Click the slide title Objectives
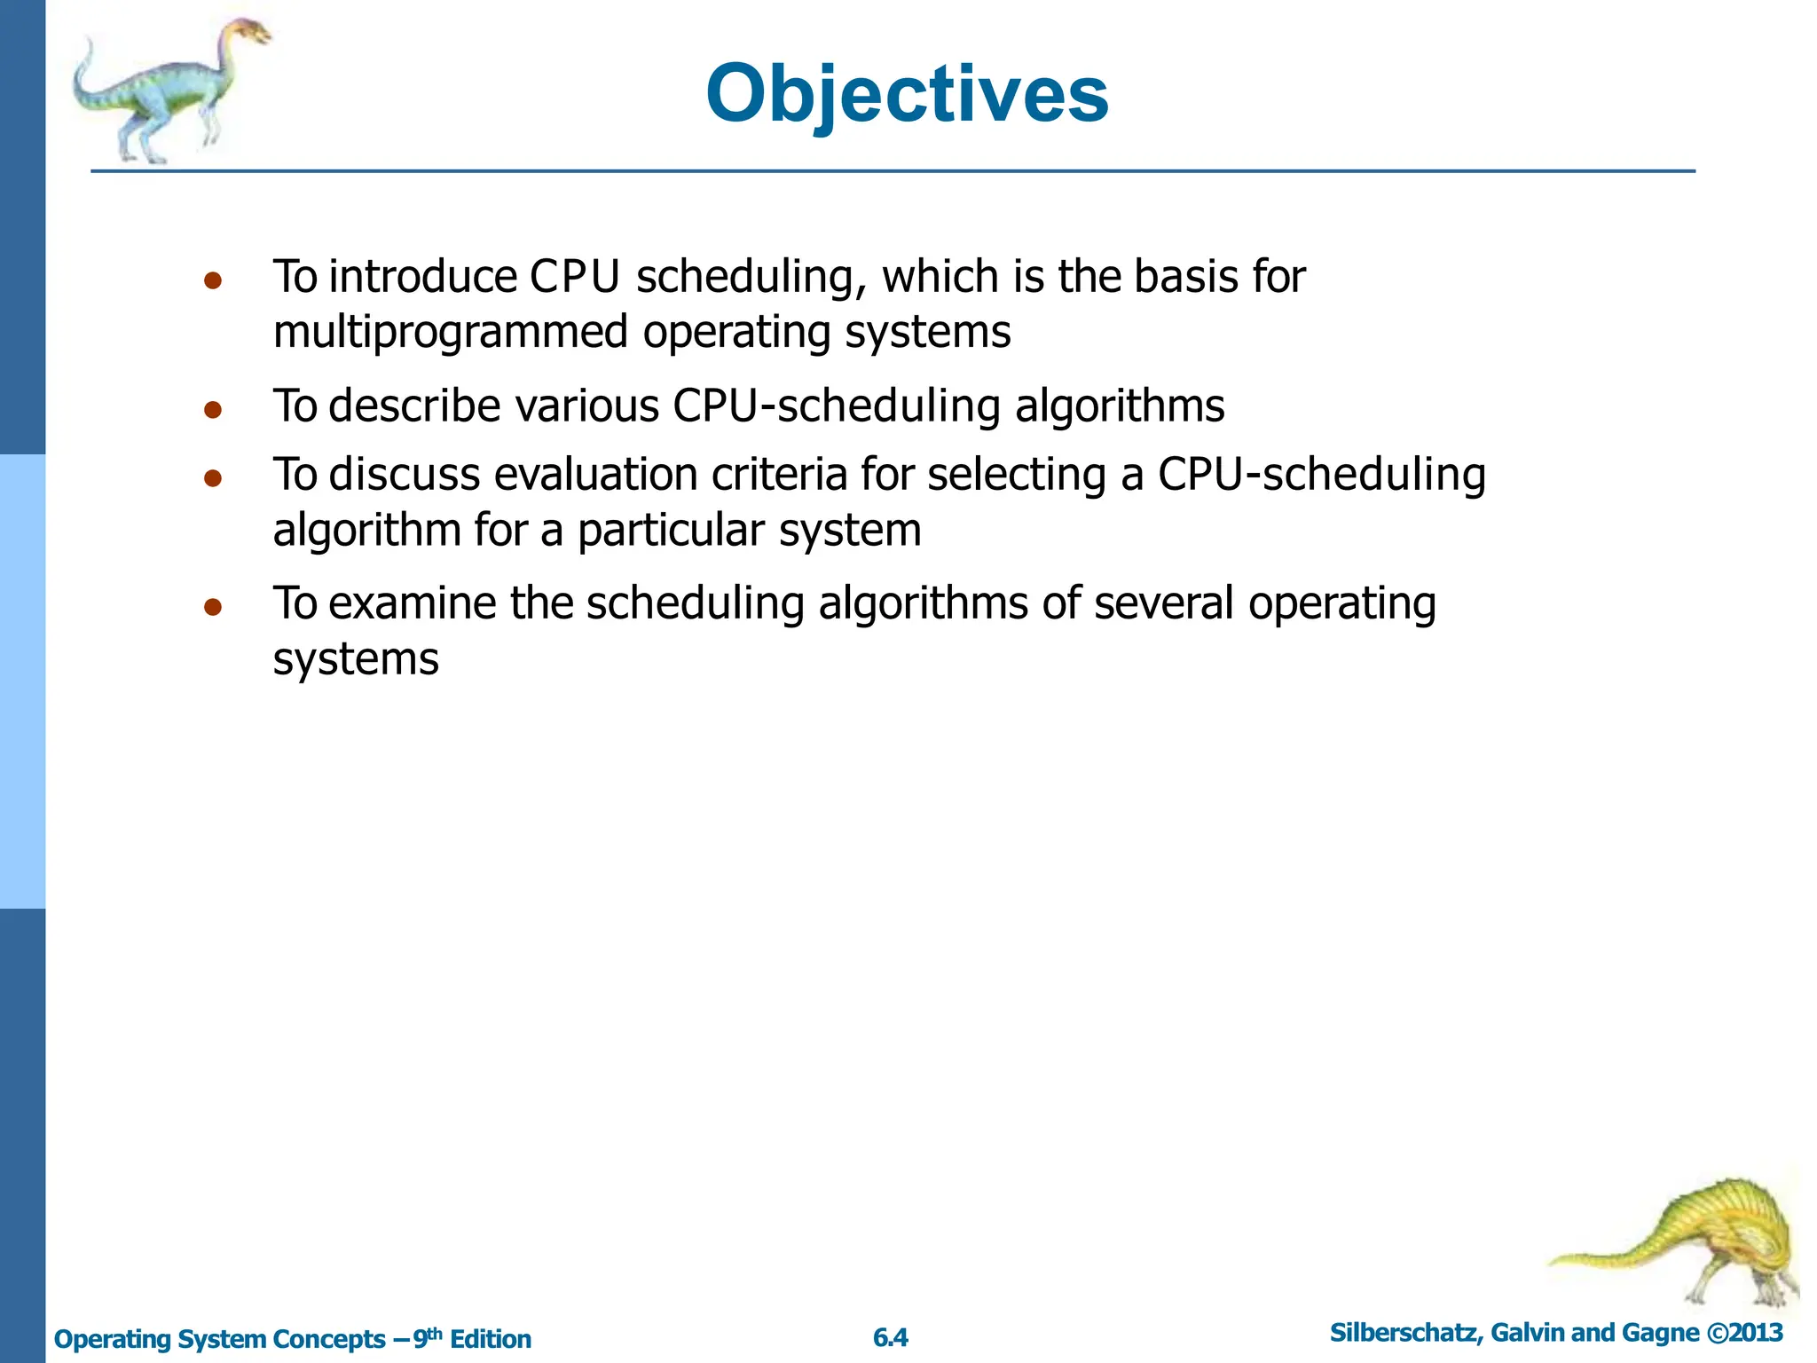pyautogui.click(x=907, y=94)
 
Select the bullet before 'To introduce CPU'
pyautogui.click(x=212, y=281)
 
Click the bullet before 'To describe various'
pyautogui.click(x=212, y=410)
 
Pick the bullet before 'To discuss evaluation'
pyautogui.click(x=212, y=479)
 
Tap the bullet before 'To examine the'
pyautogui.click(x=212, y=608)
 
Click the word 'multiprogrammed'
pyautogui.click(x=451, y=333)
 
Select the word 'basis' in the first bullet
pyautogui.click(x=1187, y=277)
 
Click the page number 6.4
pyautogui.click(x=891, y=1337)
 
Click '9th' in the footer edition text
pyautogui.click(x=428, y=1337)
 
